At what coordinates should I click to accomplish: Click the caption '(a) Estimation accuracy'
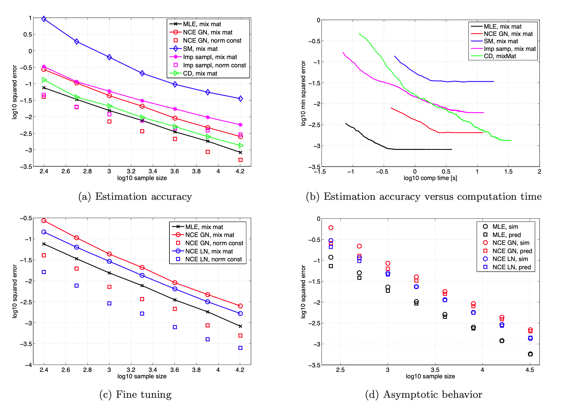[x=135, y=196]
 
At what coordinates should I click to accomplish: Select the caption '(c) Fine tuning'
[x=135, y=394]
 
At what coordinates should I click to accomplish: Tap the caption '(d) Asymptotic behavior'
[x=423, y=394]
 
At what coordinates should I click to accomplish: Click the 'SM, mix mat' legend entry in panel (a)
[x=200, y=49]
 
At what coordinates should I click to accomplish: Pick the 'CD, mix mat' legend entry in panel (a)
[x=200, y=73]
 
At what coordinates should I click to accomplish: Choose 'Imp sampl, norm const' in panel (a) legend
[x=214, y=65]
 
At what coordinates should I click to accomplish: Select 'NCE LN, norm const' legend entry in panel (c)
[x=213, y=259]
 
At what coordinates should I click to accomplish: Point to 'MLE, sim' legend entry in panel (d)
[x=505, y=227]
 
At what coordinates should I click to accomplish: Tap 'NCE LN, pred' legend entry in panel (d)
[x=511, y=267]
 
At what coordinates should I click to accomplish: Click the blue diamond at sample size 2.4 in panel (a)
[x=44, y=19]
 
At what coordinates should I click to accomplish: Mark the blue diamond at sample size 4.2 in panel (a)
[x=240, y=98]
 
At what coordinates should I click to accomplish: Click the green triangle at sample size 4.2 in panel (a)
[x=241, y=146]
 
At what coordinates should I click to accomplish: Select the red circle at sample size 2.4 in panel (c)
[x=44, y=221]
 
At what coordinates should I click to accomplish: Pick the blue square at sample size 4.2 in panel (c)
[x=240, y=348]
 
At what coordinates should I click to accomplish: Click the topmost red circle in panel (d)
[x=331, y=228]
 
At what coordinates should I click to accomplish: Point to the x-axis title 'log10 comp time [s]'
[x=430, y=178]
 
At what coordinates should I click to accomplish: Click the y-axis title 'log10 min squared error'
[x=303, y=93]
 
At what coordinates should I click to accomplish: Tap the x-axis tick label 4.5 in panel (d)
[x=530, y=370]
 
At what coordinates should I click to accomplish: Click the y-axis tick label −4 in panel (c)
[x=28, y=365]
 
